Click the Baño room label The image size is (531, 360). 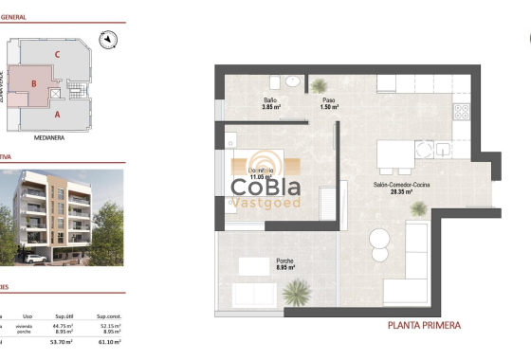click(271, 99)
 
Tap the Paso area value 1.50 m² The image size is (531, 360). click(329, 106)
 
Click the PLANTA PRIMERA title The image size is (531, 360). click(425, 325)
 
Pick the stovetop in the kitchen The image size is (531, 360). click(463, 113)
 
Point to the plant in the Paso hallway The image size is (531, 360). click(320, 84)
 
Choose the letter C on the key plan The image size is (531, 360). click(57, 55)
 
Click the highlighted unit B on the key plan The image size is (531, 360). click(34, 83)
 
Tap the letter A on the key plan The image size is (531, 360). click(57, 115)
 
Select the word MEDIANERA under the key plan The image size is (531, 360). click(47, 136)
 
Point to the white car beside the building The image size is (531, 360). click(34, 258)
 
